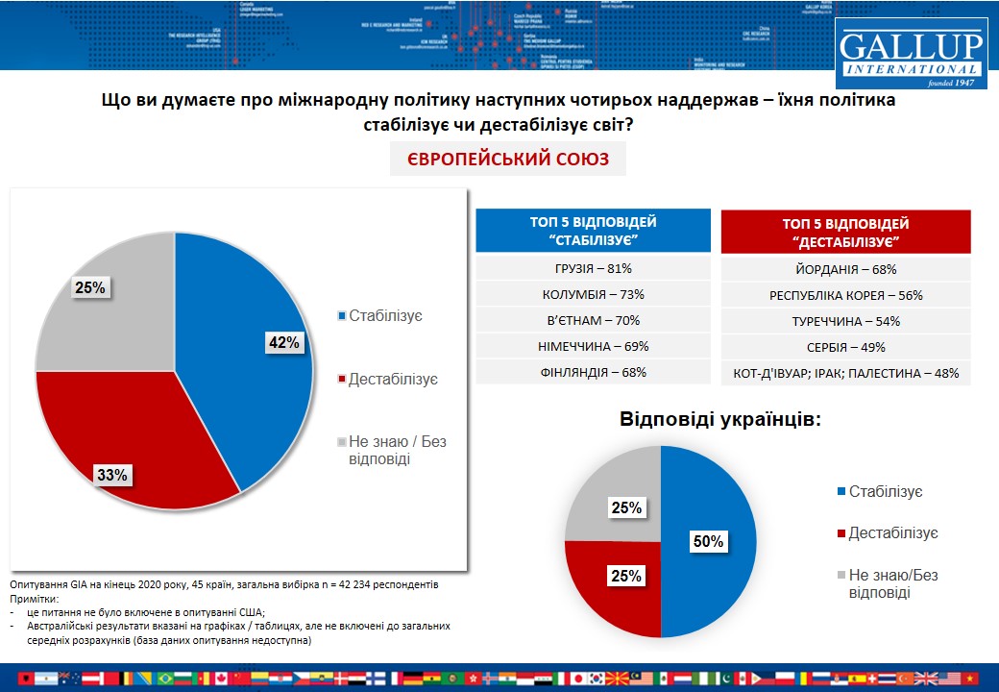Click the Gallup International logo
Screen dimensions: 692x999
point(910,54)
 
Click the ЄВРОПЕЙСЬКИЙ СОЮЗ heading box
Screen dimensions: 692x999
point(507,159)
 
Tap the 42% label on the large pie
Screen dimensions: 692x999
point(284,343)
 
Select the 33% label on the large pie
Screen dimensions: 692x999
point(111,474)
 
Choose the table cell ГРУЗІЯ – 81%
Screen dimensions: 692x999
point(593,270)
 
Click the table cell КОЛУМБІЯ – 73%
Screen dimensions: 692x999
point(593,295)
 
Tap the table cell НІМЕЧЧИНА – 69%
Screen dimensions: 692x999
point(593,346)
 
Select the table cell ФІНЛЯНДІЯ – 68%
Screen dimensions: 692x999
point(593,372)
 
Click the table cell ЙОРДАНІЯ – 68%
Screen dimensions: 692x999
point(845,270)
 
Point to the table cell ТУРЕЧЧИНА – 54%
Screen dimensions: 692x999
point(845,321)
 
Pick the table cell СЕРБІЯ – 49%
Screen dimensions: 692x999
point(845,347)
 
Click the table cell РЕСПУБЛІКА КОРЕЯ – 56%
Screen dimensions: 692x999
point(845,296)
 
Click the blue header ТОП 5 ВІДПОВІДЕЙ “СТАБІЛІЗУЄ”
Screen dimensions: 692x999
point(593,232)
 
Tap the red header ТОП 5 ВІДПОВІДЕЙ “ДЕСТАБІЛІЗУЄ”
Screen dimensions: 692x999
point(845,232)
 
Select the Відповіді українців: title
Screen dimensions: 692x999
point(719,420)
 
